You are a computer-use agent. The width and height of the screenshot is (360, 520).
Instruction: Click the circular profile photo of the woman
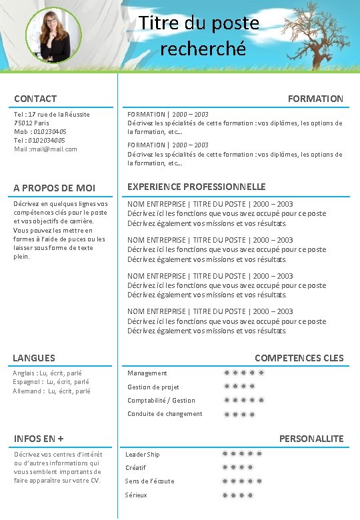pyautogui.click(x=53, y=35)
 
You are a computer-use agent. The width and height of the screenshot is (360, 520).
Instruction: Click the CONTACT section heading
pyautogui.click(x=35, y=99)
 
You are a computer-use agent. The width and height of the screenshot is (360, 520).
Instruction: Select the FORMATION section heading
pyautogui.click(x=315, y=99)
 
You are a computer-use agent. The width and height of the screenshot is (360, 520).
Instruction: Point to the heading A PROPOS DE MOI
pyautogui.click(x=55, y=188)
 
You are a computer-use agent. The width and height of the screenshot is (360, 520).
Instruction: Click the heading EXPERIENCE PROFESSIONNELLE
pyautogui.click(x=197, y=187)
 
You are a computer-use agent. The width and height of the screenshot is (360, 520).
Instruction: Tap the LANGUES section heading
pyautogui.click(x=34, y=358)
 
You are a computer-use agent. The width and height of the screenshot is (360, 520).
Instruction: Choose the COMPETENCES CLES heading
pyautogui.click(x=299, y=358)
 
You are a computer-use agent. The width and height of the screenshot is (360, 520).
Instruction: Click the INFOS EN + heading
pyautogui.click(x=39, y=439)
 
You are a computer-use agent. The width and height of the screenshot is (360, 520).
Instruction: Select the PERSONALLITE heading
pyautogui.click(x=311, y=439)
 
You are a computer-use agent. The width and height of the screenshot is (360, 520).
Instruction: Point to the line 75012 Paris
pyautogui.click(x=31, y=123)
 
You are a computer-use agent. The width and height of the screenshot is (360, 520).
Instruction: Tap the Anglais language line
pyautogui.click(x=47, y=373)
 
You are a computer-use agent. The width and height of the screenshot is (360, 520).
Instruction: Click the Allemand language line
pyautogui.click(x=51, y=391)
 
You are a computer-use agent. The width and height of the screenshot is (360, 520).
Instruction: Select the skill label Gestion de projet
pyautogui.click(x=153, y=387)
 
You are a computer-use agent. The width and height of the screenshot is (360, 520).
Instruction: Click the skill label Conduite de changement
pyautogui.click(x=165, y=413)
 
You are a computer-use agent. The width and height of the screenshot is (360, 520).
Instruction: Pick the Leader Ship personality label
pyautogui.click(x=143, y=454)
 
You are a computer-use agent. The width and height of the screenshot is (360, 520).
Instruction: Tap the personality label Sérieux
pyautogui.click(x=136, y=495)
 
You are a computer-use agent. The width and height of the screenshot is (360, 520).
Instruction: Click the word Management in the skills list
pyautogui.click(x=147, y=373)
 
